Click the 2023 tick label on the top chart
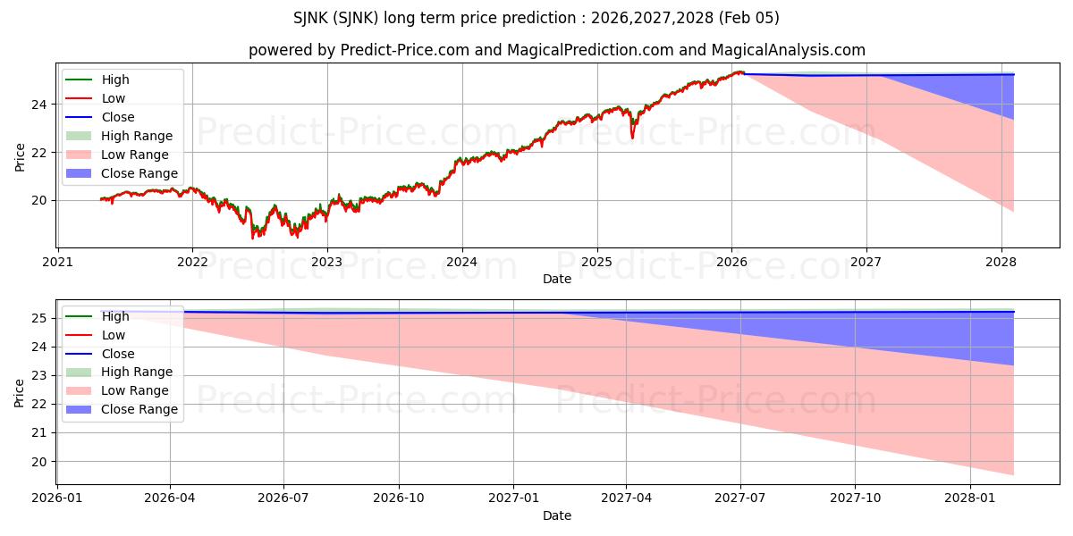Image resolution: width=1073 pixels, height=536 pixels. coord(327,262)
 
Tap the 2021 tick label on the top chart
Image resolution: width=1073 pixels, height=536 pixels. coord(58,262)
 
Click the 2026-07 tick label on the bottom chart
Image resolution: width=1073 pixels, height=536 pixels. coord(283,498)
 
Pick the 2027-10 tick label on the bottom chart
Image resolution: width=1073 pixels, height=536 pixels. coord(855,498)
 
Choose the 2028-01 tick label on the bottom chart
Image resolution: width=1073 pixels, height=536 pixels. coord(970,498)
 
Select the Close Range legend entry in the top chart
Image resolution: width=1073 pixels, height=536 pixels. coord(139,173)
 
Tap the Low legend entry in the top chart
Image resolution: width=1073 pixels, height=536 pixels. coord(114,98)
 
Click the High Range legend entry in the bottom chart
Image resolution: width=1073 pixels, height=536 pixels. coord(137,372)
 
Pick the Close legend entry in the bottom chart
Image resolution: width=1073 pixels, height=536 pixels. coord(118,354)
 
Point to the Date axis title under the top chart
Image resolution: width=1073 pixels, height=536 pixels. coord(557,279)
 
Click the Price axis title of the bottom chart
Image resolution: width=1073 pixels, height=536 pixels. coord(20,392)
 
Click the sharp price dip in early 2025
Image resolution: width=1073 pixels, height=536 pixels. coord(632,137)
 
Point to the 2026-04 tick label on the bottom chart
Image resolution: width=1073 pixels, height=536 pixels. coord(170,498)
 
